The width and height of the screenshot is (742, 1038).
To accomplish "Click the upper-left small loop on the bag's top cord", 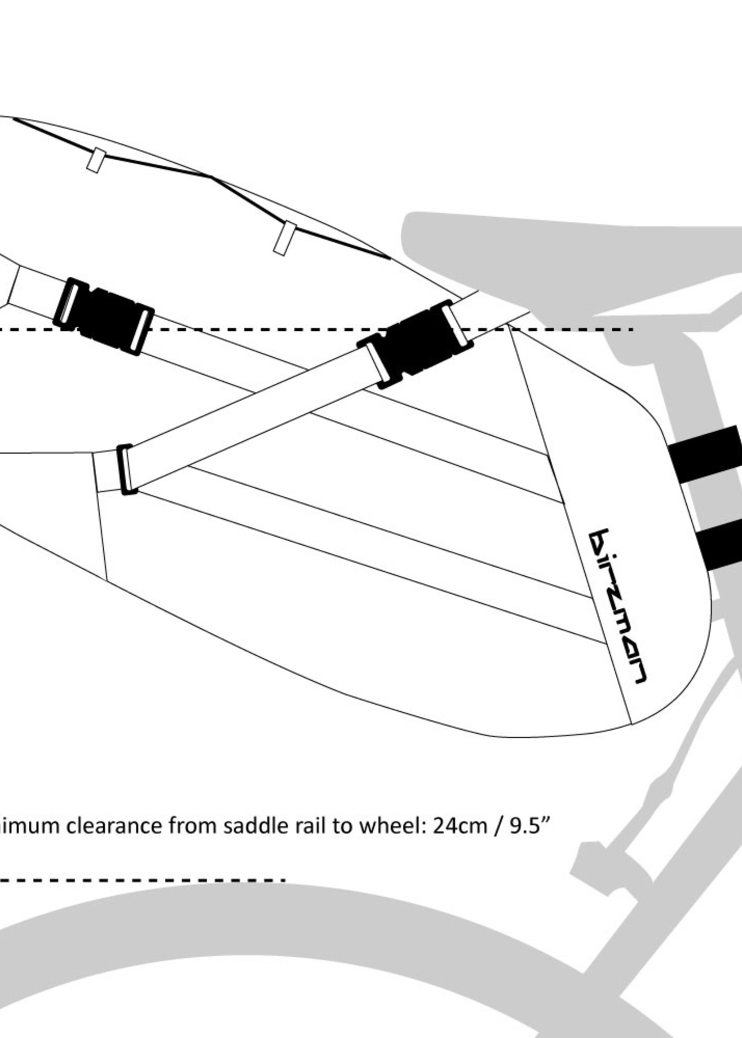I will click(x=96, y=160).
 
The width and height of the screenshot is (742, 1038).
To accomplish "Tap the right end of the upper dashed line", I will click(x=631, y=329).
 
